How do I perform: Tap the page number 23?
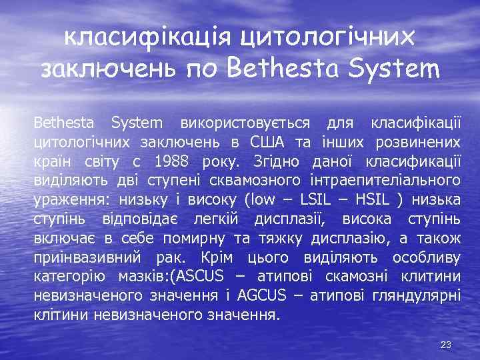(x=447, y=345)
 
